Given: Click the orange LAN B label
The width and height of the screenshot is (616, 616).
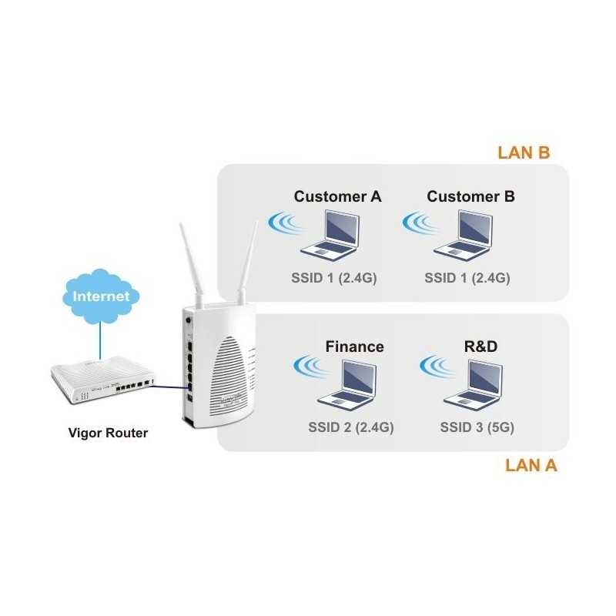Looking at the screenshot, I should click(x=523, y=152).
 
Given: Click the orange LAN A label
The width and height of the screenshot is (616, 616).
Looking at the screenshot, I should click(x=531, y=465).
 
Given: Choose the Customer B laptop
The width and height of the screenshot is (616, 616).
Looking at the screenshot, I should click(x=462, y=235).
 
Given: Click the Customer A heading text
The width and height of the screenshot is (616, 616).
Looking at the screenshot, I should click(x=337, y=196).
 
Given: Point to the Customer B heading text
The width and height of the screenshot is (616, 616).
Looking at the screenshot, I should click(x=470, y=196).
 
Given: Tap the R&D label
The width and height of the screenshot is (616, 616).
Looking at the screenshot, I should click(x=480, y=346).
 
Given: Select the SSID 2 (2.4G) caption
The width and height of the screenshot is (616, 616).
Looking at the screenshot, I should click(x=350, y=427).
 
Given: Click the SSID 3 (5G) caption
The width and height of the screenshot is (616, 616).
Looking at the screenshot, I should click(x=477, y=427).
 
